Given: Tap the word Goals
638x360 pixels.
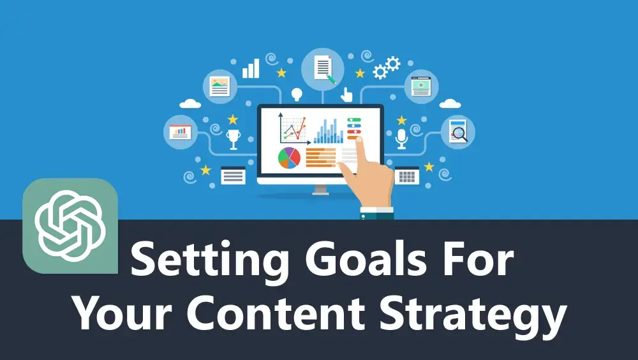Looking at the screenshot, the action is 366,258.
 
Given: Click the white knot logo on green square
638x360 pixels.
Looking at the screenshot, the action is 70,226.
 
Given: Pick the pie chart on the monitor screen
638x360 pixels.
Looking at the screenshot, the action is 289,158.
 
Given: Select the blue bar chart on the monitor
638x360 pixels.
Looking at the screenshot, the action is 328,131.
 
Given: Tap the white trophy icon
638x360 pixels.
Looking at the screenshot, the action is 233,139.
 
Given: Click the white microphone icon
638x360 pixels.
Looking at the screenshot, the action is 401,139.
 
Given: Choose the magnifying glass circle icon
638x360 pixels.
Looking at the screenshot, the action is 457,132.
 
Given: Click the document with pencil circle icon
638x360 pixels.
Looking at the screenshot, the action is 323,69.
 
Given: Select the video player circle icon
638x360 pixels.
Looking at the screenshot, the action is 421,86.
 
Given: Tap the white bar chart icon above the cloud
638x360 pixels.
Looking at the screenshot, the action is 251,68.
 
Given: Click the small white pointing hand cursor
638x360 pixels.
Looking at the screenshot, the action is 346,94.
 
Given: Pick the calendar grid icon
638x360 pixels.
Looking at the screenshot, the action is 406,176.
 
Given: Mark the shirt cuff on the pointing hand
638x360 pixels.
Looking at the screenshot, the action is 377,213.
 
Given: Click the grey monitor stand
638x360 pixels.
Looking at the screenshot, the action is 321,190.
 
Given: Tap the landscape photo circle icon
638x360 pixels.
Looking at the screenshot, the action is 219,86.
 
